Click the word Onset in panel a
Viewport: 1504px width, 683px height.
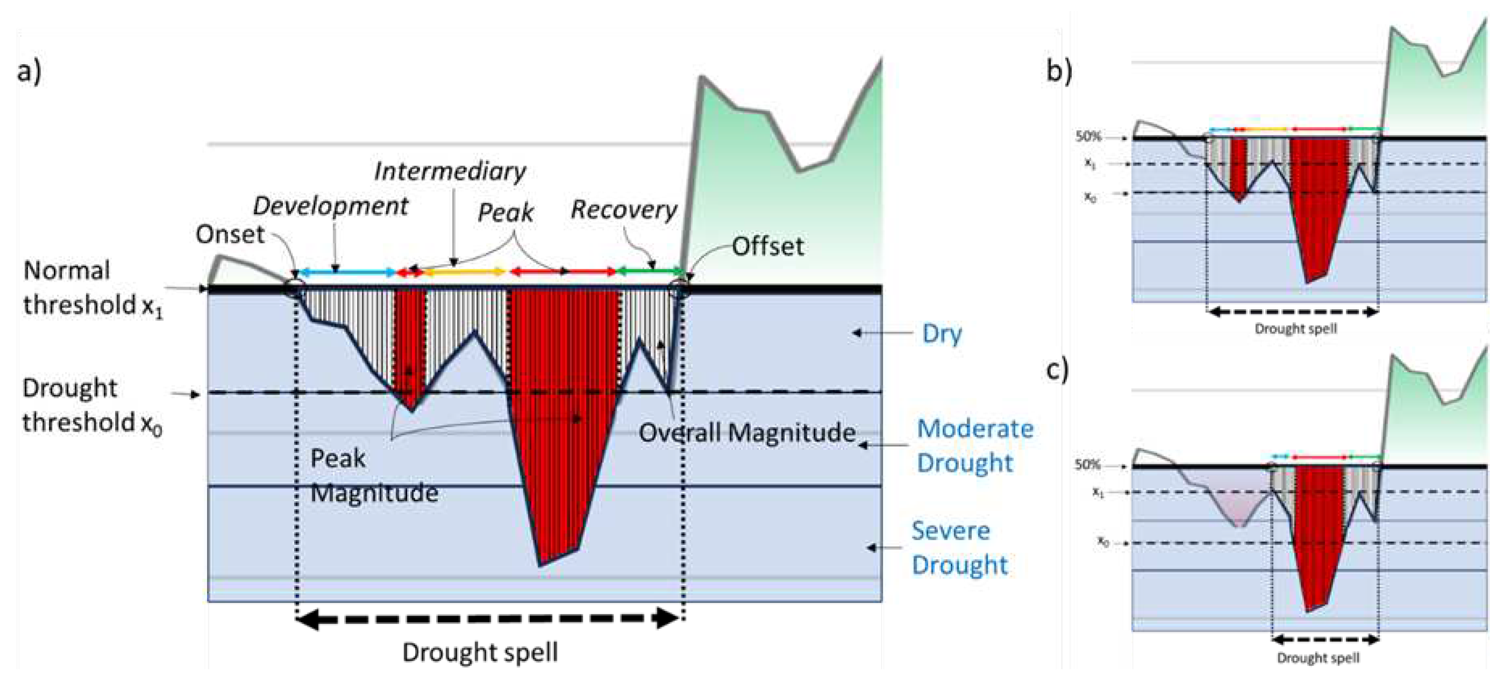(230, 235)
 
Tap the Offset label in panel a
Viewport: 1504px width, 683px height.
(768, 247)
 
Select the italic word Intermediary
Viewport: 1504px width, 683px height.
(449, 171)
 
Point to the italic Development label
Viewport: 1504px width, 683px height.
(330, 206)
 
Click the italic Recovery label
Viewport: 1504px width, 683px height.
(624, 209)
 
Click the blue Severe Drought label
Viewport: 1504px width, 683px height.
(959, 547)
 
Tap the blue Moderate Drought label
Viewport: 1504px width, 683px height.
(975, 445)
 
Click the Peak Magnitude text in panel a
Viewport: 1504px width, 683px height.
(374, 475)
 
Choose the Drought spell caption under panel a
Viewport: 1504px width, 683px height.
(480, 652)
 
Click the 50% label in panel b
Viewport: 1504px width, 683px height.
(1088, 137)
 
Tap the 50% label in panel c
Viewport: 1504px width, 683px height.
(1087, 465)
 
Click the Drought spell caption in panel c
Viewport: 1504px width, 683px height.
(1318, 658)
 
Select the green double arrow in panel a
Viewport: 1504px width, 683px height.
(650, 271)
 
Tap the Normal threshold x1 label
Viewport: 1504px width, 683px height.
(92, 288)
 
